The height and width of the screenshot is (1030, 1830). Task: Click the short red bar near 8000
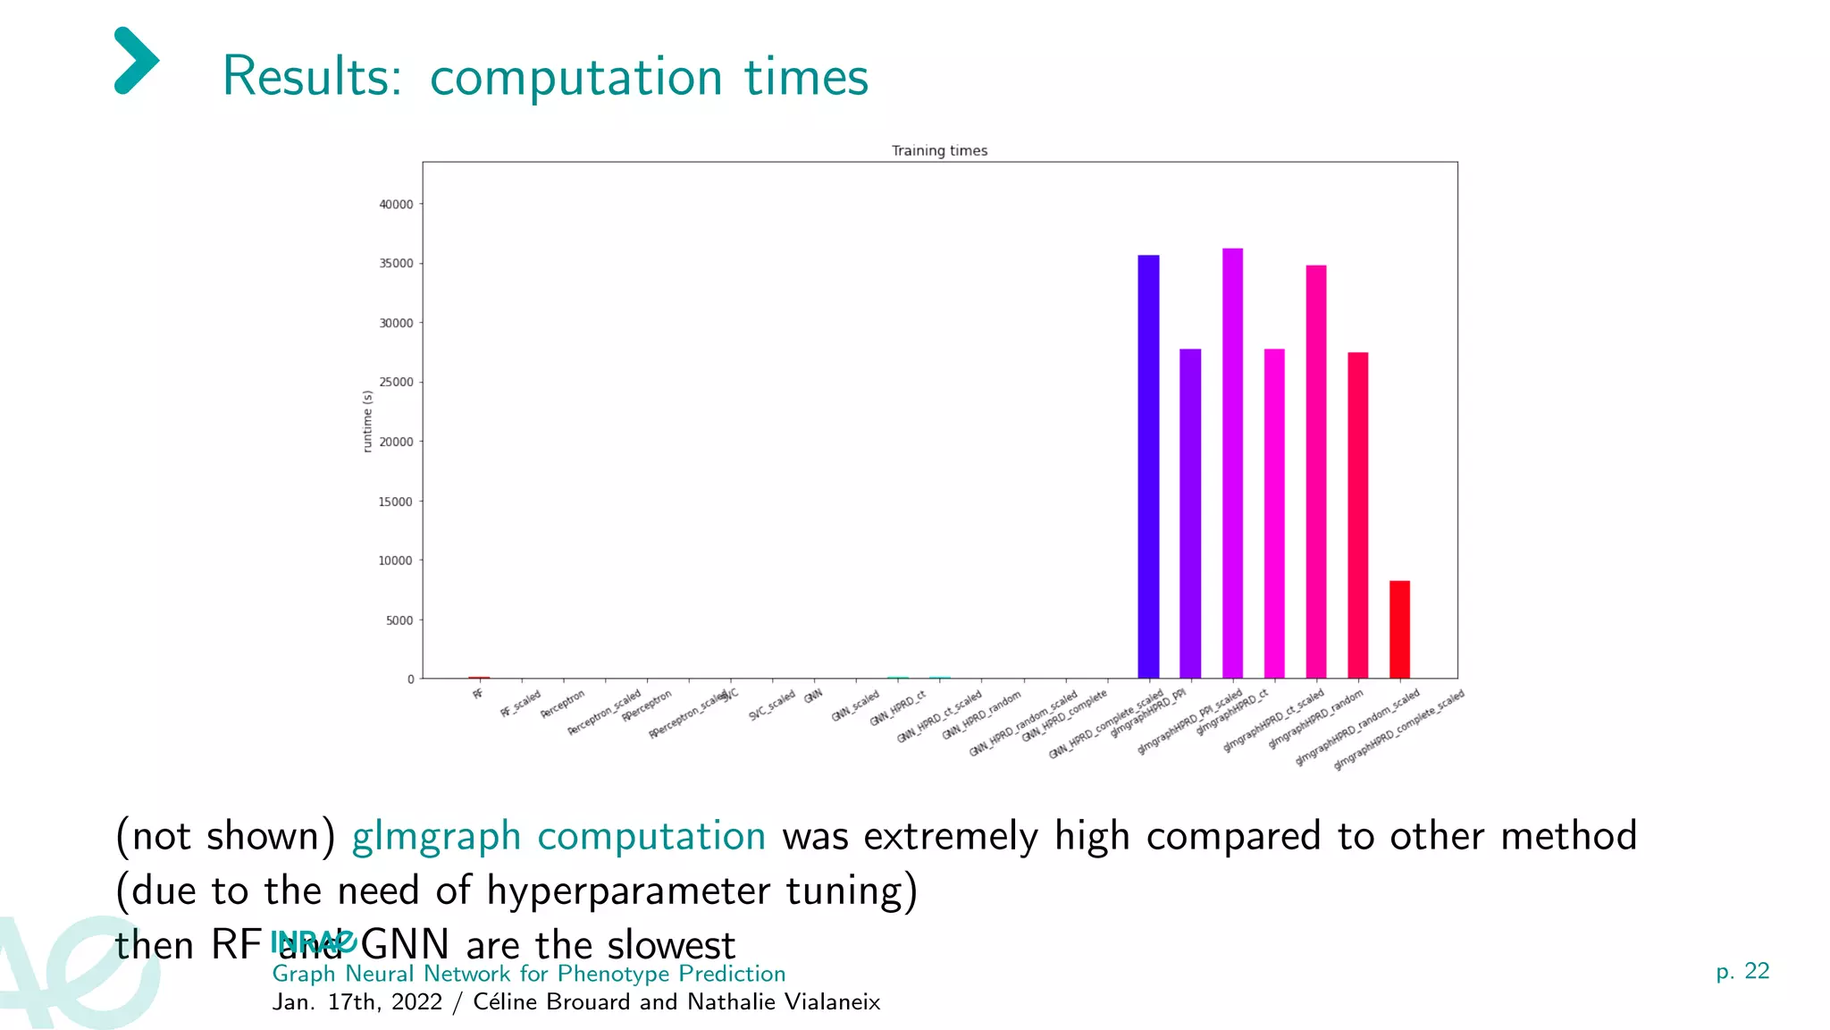click(x=1399, y=629)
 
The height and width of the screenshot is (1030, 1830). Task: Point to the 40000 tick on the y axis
click(x=396, y=205)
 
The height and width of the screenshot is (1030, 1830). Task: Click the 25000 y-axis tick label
click(x=396, y=383)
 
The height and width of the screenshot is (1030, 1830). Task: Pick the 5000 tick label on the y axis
click(x=399, y=621)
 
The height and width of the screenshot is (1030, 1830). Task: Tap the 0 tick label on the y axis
click(x=410, y=680)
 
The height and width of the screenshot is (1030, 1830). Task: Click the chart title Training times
click(x=939, y=150)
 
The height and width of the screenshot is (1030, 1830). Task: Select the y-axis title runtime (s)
click(x=367, y=421)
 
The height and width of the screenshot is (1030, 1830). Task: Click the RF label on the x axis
click(x=478, y=694)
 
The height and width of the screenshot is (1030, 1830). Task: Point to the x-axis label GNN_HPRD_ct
click(x=898, y=707)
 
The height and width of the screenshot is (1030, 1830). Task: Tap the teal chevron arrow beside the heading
click(x=137, y=61)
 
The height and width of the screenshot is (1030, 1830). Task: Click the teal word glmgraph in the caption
click(x=436, y=837)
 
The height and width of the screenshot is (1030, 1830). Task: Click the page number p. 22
click(x=1742, y=972)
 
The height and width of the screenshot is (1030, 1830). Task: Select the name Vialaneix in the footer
click(x=832, y=1002)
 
